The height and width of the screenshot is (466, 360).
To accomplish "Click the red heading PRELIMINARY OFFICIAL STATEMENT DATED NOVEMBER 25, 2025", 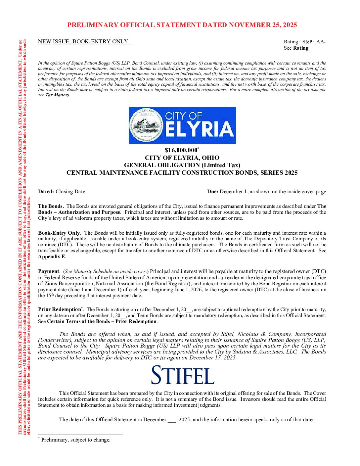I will [x=182, y=25].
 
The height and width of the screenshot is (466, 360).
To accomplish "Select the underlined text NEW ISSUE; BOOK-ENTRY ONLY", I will [x=83, y=42].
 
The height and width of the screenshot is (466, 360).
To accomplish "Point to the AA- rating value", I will [x=321, y=42].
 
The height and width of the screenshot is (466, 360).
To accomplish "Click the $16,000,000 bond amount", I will [x=181, y=150].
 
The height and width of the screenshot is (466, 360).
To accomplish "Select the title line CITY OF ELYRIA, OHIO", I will [x=182, y=158].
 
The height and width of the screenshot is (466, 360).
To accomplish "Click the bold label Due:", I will [x=212, y=192].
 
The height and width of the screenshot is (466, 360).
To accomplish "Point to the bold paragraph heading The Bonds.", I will [x=51, y=206].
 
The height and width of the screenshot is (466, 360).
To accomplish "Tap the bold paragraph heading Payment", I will [x=49, y=271].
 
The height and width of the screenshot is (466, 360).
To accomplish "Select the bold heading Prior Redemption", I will [x=60, y=309].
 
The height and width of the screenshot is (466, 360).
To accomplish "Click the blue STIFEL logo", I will [x=183, y=375].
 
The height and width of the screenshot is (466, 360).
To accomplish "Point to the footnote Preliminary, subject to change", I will [x=76, y=440].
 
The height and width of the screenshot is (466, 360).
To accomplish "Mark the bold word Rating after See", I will [x=301, y=48].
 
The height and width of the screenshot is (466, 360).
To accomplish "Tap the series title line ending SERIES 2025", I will [x=182, y=173].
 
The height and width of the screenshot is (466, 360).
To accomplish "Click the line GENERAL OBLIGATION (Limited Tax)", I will [x=182, y=165].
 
